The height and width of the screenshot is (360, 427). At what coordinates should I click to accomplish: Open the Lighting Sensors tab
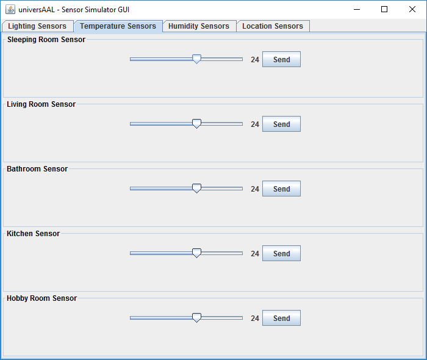38,26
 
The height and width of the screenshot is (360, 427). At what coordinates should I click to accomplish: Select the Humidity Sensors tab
199,26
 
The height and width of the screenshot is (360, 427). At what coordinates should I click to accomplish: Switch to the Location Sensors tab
273,26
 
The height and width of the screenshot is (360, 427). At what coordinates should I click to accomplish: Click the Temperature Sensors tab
118,26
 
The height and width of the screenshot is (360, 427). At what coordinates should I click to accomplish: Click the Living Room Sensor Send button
281,124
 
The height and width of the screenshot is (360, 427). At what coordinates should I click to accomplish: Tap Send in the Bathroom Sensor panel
281,189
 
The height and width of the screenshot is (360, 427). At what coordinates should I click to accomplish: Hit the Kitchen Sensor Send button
281,253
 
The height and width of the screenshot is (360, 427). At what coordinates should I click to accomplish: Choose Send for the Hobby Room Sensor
281,318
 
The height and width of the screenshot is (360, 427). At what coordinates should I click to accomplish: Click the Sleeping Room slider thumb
196,59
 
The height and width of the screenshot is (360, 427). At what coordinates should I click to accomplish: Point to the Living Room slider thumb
196,124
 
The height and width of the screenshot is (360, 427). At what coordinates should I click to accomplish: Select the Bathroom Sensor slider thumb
196,188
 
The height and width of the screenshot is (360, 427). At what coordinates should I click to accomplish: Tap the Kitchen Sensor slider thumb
196,253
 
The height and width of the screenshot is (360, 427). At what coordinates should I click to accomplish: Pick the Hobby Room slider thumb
196,317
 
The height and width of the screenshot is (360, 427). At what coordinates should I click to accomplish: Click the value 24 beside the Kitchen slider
255,253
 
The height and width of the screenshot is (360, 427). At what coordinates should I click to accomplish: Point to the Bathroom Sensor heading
37,169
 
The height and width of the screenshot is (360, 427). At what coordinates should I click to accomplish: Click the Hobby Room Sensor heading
41,298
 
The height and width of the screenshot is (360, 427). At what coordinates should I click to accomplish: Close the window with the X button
412,9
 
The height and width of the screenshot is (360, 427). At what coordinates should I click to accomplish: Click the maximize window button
384,9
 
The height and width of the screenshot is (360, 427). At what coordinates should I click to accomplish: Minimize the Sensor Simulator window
357,9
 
